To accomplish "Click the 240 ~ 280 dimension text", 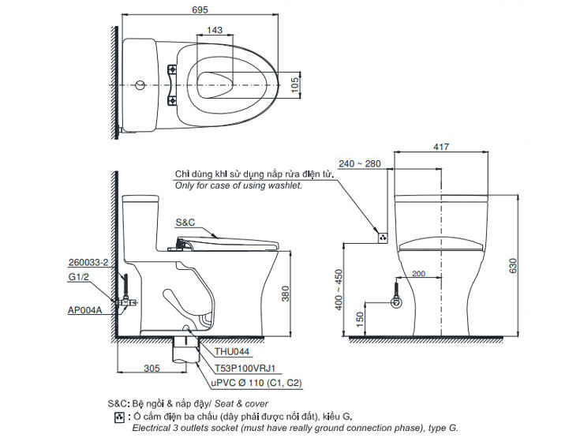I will pyautogui.click(x=363, y=163).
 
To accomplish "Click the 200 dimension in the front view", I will pyautogui.click(x=418, y=273).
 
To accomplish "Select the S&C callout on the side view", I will pyautogui.click(x=185, y=223).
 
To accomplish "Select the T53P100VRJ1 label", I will pyautogui.click(x=249, y=368).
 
